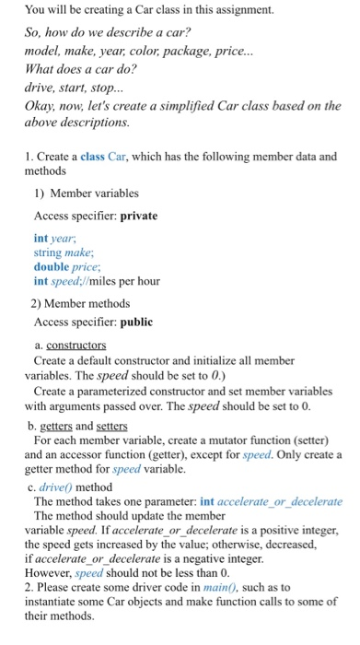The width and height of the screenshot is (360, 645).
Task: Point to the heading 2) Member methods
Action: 82,302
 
